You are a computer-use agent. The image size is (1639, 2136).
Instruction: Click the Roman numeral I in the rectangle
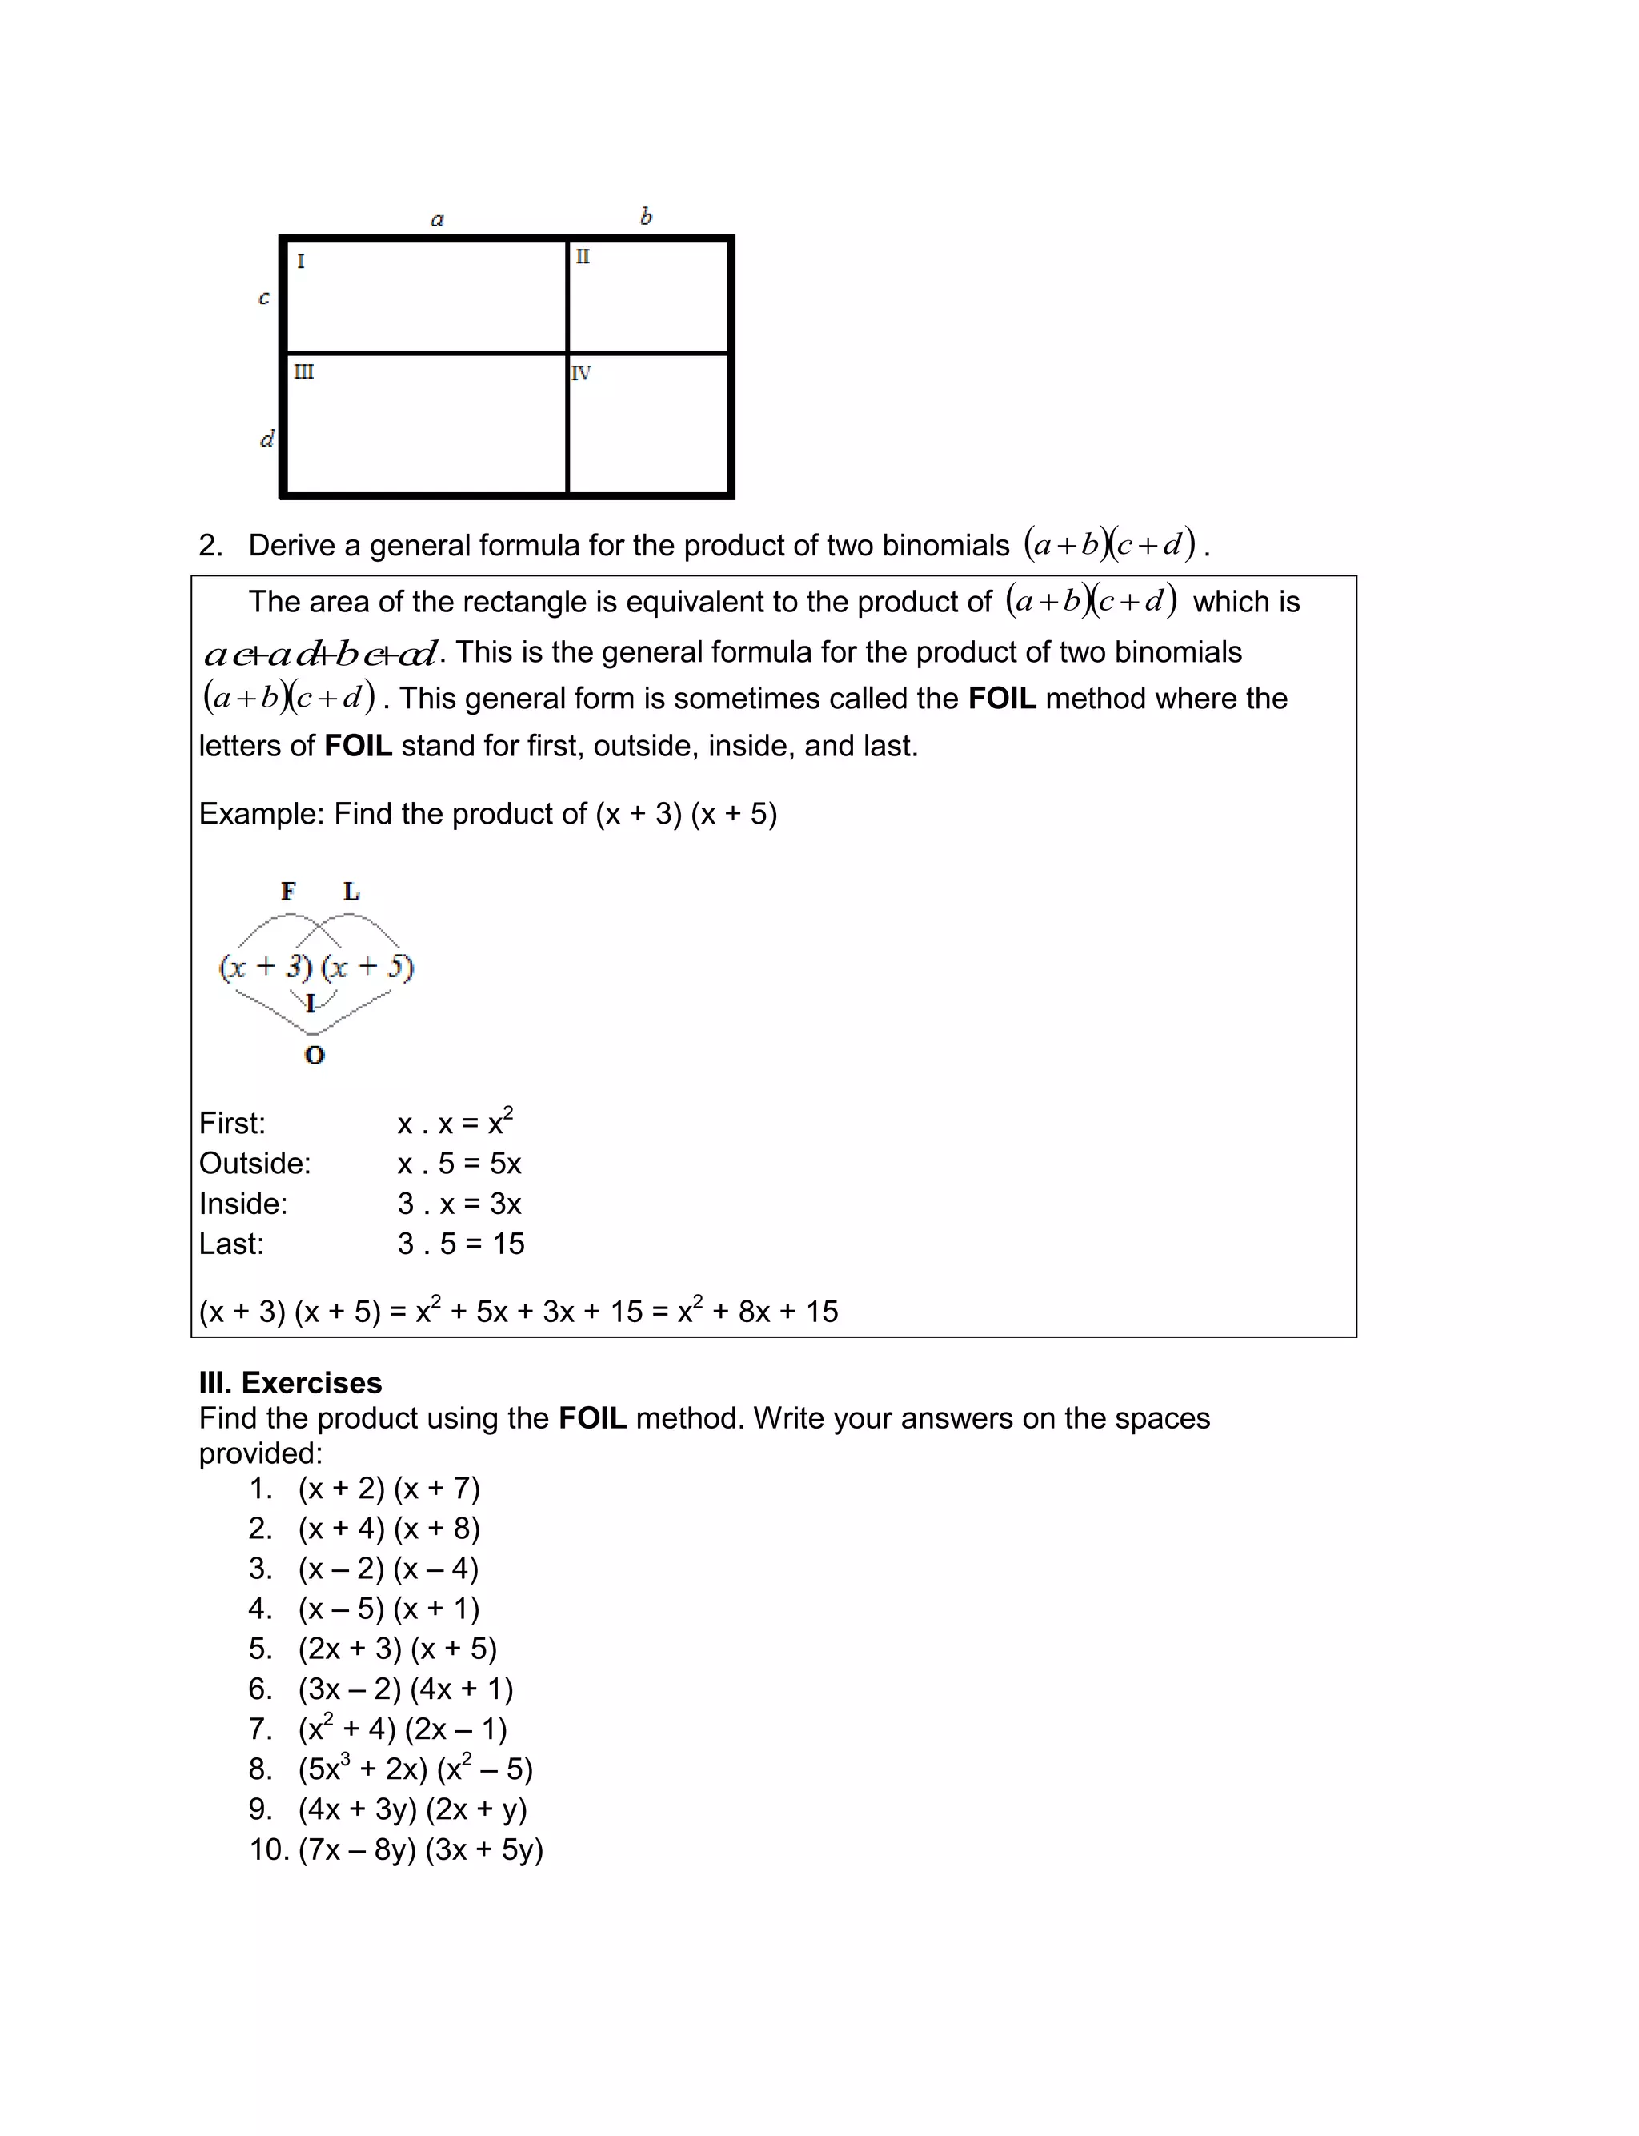300,262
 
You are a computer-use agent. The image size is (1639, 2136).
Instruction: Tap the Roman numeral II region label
583,257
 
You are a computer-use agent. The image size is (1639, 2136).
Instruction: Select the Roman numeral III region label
303,371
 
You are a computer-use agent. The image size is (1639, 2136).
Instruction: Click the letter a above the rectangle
437,219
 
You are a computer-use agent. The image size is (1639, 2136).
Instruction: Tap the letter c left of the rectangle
263,298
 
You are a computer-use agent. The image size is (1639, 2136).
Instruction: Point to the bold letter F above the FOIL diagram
288,891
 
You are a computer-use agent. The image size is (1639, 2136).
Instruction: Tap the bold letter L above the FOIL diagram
351,891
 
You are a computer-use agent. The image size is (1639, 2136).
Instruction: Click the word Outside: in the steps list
254,1164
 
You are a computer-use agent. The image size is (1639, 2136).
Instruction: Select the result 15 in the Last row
508,1244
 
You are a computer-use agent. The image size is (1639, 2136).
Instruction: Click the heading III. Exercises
290,1382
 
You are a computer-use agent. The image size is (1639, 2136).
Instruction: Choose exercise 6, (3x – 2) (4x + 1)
405,1689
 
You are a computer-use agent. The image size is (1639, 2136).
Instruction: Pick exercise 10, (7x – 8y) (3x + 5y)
419,1849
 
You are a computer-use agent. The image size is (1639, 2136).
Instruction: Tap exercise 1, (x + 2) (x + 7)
388,1488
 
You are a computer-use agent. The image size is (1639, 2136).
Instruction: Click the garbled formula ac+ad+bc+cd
321,652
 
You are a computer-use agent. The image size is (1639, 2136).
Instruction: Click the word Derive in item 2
291,545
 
